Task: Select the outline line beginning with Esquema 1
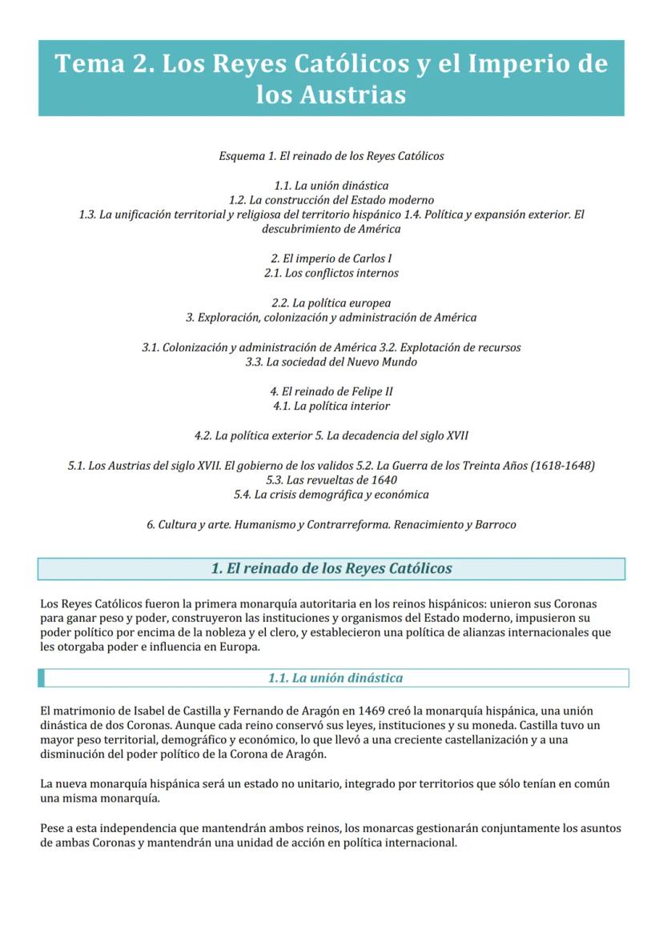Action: coord(331,156)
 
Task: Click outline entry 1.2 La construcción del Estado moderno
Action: coord(331,200)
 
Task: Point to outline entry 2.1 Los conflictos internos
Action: coord(331,274)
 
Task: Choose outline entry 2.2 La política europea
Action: coord(331,303)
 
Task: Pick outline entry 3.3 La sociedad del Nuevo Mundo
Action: coord(331,362)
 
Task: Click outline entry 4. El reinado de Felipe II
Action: coord(331,391)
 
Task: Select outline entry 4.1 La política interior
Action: coord(331,406)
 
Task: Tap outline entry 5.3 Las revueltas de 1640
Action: coord(331,480)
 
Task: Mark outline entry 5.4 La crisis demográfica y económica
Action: coord(331,495)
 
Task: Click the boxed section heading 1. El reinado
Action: coord(331,569)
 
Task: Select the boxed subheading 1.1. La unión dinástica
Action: coord(336,679)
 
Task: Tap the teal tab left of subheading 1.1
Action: coord(41,679)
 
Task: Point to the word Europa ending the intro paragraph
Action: coord(239,647)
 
